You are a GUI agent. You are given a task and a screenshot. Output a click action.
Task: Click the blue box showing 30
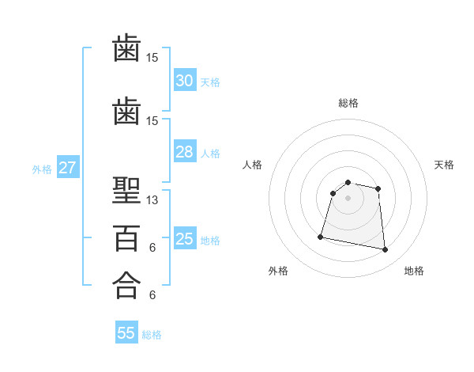184,81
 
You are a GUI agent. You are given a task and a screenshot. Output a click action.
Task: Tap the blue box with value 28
184,153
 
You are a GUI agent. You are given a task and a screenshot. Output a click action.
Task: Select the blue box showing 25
184,240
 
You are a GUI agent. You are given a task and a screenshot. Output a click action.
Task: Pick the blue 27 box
67,168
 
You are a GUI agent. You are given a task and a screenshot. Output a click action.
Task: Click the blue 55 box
126,333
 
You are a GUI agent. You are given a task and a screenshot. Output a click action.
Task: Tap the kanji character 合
126,284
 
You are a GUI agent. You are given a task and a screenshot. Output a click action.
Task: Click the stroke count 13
152,200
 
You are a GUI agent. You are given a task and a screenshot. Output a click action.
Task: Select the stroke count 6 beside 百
152,248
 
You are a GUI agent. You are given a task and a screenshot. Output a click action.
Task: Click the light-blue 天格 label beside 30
210,82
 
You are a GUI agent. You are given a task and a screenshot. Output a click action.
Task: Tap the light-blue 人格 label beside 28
210,154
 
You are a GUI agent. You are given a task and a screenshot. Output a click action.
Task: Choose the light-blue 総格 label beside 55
152,335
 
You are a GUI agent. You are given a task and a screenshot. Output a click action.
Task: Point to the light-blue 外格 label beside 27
42,169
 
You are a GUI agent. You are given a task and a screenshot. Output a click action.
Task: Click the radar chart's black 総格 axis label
348,103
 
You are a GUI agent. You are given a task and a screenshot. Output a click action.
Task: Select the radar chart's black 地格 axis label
414,271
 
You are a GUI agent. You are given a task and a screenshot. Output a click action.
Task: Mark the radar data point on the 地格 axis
385,250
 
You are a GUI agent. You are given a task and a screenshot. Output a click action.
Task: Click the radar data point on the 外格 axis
321,237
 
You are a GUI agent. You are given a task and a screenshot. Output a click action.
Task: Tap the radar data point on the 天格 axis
378,188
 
